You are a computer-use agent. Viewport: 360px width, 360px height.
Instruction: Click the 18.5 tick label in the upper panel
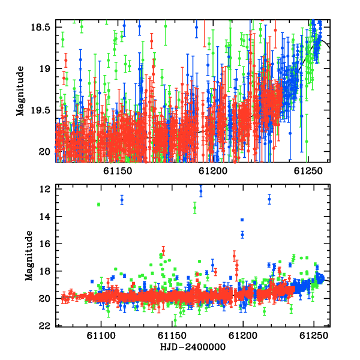coord(40,28)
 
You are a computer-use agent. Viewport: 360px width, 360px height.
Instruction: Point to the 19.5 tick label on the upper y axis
coord(40,110)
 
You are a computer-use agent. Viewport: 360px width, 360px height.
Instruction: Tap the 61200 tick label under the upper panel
coord(213,171)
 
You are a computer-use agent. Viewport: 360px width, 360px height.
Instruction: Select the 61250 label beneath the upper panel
coord(308,171)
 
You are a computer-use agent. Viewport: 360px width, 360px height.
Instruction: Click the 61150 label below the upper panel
coord(118,171)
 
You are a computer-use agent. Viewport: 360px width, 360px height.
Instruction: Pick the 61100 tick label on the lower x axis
coord(101,335)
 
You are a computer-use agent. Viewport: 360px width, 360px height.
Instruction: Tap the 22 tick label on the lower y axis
coord(44,326)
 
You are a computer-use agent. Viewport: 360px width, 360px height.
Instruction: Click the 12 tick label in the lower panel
coord(44,189)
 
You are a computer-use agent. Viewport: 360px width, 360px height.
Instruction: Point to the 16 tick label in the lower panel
coord(44,244)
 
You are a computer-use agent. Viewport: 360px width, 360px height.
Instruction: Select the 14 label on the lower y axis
coord(44,217)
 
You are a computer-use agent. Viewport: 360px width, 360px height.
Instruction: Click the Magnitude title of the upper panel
coord(20,91)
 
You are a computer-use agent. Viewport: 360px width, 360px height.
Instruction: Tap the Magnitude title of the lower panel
coord(29,256)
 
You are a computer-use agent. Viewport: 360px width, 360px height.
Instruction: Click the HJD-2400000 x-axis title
coord(193,347)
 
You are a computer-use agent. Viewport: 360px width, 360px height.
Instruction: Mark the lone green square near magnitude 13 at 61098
coord(99,205)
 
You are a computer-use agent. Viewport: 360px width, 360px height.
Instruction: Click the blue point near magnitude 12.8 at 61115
coord(122,200)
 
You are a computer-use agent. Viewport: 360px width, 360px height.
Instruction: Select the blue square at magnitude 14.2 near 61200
coord(242,220)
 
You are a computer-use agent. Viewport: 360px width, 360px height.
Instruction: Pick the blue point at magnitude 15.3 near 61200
coord(242,235)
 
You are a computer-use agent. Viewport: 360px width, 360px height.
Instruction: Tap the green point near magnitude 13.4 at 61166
coord(194,208)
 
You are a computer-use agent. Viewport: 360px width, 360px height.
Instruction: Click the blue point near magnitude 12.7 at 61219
coord(269,199)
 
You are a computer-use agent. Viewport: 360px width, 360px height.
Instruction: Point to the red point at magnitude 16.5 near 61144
coord(163,251)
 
